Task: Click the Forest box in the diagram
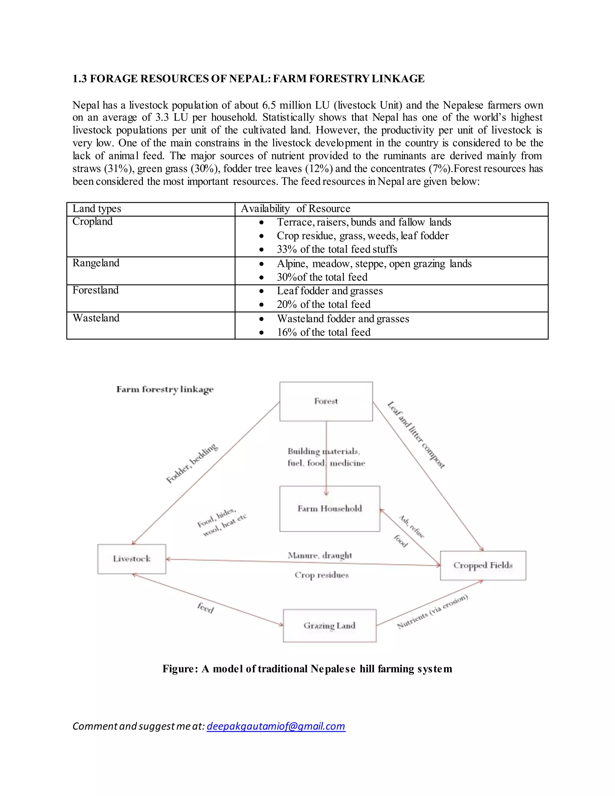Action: pos(326,401)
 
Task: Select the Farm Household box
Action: pos(330,509)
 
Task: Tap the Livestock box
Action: pos(132,559)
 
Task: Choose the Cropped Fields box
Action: pos(483,565)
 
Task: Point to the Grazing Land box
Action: pos(329,625)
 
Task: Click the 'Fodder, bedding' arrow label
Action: pos(192,463)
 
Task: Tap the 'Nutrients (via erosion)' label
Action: pos(432,612)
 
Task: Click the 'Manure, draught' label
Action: pos(320,555)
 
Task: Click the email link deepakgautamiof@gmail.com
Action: pos(276,726)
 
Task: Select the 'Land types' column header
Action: pos(97,208)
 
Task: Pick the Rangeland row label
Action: pos(96,263)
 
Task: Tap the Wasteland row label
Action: pos(96,318)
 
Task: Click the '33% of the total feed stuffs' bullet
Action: pos(337,249)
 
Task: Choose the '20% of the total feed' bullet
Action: pos(323,304)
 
